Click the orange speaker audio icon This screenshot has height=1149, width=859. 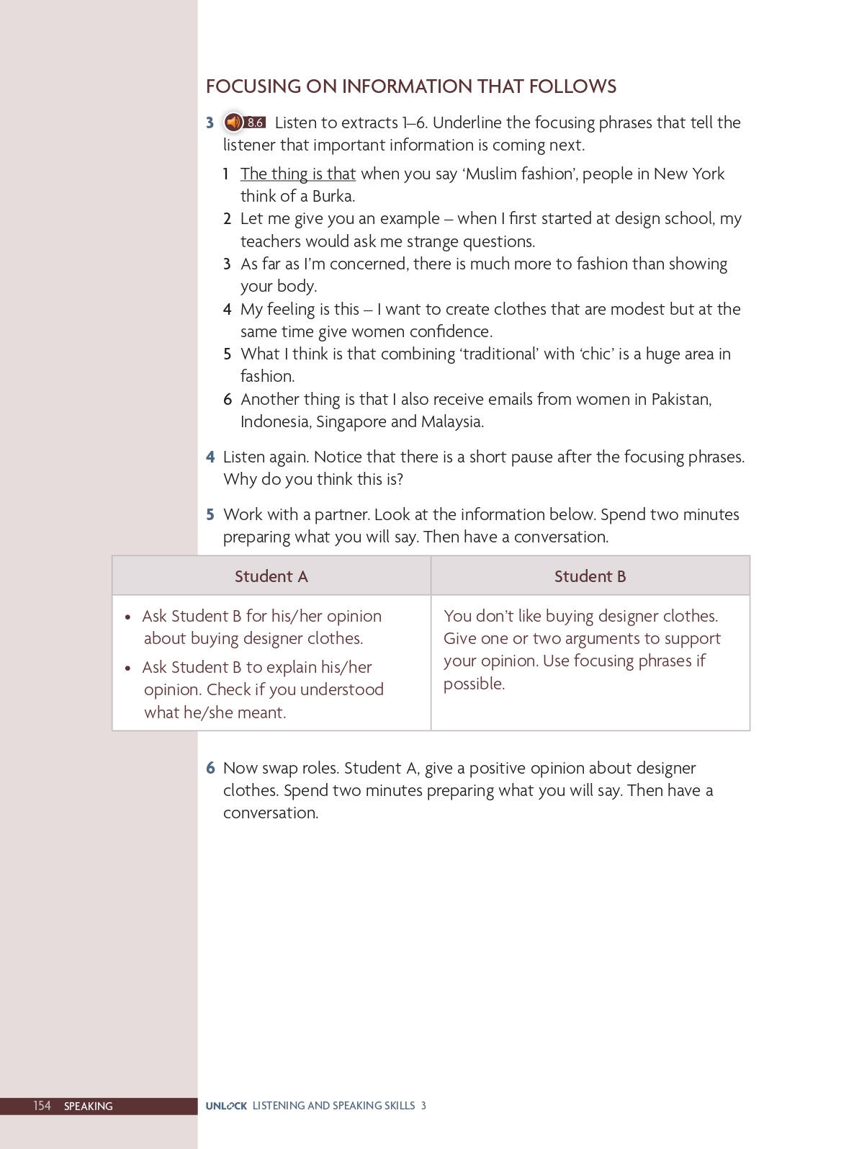[233, 122]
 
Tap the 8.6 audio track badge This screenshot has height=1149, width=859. [256, 122]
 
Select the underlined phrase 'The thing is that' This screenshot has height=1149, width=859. [298, 174]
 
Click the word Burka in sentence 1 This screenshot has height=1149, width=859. [332, 197]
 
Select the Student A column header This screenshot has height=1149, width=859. [271, 576]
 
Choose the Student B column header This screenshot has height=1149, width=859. [590, 576]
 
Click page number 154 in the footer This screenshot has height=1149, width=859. [42, 1106]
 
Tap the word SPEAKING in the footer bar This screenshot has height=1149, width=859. [89, 1106]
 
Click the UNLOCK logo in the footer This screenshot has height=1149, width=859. [226, 1106]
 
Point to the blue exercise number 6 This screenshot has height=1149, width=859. [210, 768]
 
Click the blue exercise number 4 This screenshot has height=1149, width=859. [210, 457]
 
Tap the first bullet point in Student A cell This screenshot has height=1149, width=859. [128, 617]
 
